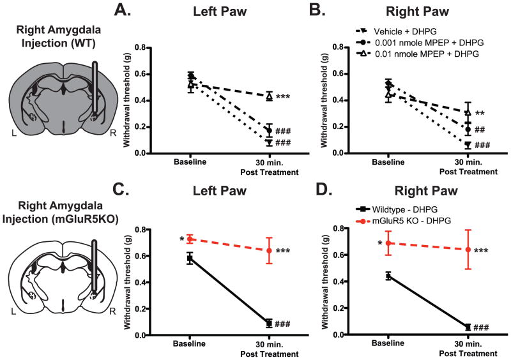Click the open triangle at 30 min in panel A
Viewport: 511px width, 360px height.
click(x=270, y=96)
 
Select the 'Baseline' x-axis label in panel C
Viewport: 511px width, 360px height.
click(x=190, y=343)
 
